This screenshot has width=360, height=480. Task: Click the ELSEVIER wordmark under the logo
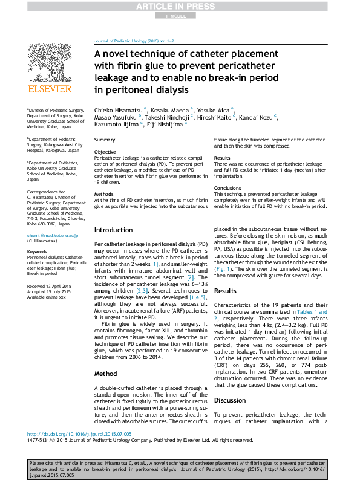50,89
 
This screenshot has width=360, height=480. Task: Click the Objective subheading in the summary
105,151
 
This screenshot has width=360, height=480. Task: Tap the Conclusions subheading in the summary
227,187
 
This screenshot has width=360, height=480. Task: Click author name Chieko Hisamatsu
119,109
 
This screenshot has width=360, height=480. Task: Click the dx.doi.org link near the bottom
67,434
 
